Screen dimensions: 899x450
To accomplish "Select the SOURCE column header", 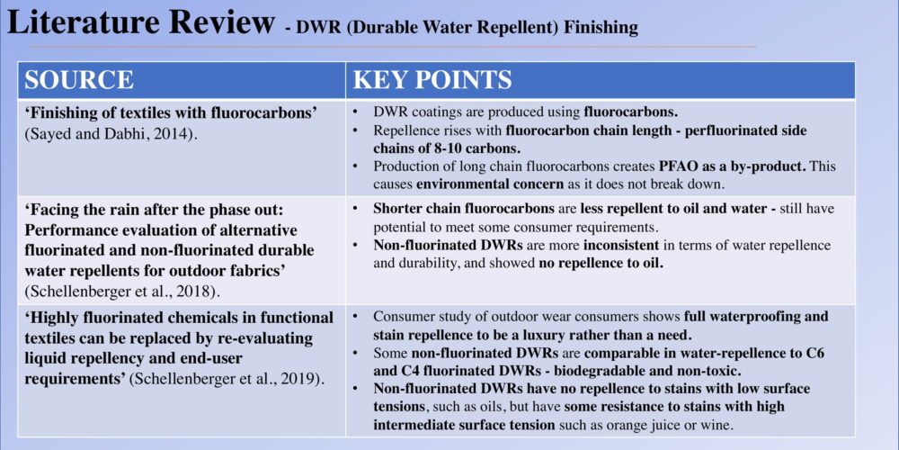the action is [x=79, y=80].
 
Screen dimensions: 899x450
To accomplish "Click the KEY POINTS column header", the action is [x=432, y=80].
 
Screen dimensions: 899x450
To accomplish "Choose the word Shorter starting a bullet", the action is [x=398, y=209].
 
